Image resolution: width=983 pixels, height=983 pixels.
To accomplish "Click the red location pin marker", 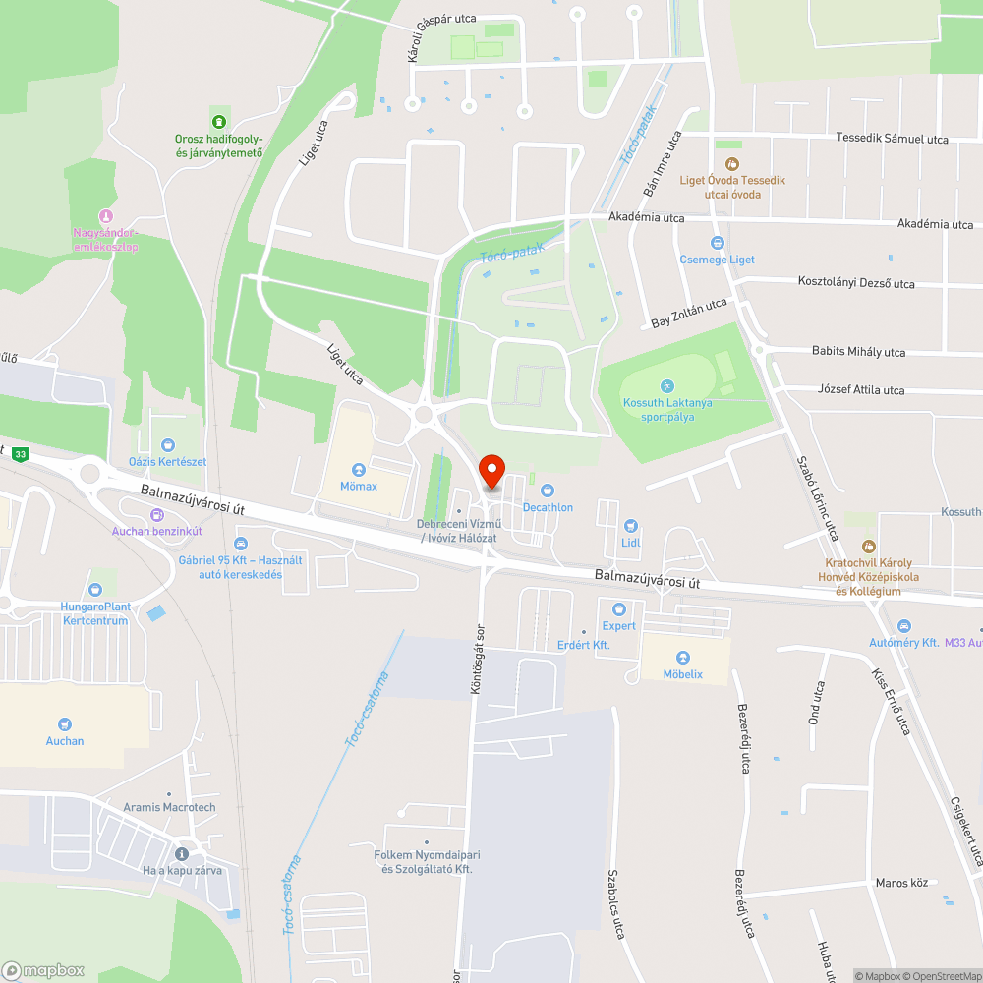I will [x=491, y=471].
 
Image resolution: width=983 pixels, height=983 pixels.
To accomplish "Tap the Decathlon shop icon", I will [x=548, y=491].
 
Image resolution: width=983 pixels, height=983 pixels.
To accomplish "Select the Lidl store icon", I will [x=631, y=527].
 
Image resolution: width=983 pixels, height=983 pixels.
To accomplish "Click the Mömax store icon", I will [x=359, y=470].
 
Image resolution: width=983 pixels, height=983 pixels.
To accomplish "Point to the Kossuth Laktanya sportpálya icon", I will [x=668, y=386].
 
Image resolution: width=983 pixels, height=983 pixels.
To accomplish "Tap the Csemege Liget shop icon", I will [x=718, y=243].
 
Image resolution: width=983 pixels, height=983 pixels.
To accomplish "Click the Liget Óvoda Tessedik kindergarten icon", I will [x=731, y=163].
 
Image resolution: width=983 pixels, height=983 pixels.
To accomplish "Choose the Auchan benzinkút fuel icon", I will [x=156, y=515].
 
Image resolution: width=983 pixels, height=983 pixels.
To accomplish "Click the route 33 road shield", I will [x=21, y=454].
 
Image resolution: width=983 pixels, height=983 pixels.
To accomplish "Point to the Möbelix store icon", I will [x=683, y=658].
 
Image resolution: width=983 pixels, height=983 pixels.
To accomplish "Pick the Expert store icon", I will [x=619, y=609].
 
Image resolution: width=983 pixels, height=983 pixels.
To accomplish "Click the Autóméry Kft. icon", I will [x=903, y=626].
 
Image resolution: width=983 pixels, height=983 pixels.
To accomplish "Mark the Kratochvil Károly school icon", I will [x=868, y=546].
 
